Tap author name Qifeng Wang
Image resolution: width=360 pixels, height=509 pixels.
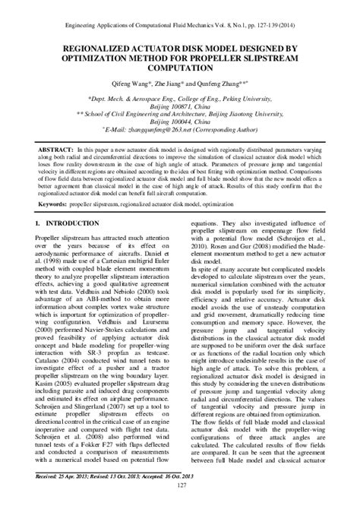(129, 84)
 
